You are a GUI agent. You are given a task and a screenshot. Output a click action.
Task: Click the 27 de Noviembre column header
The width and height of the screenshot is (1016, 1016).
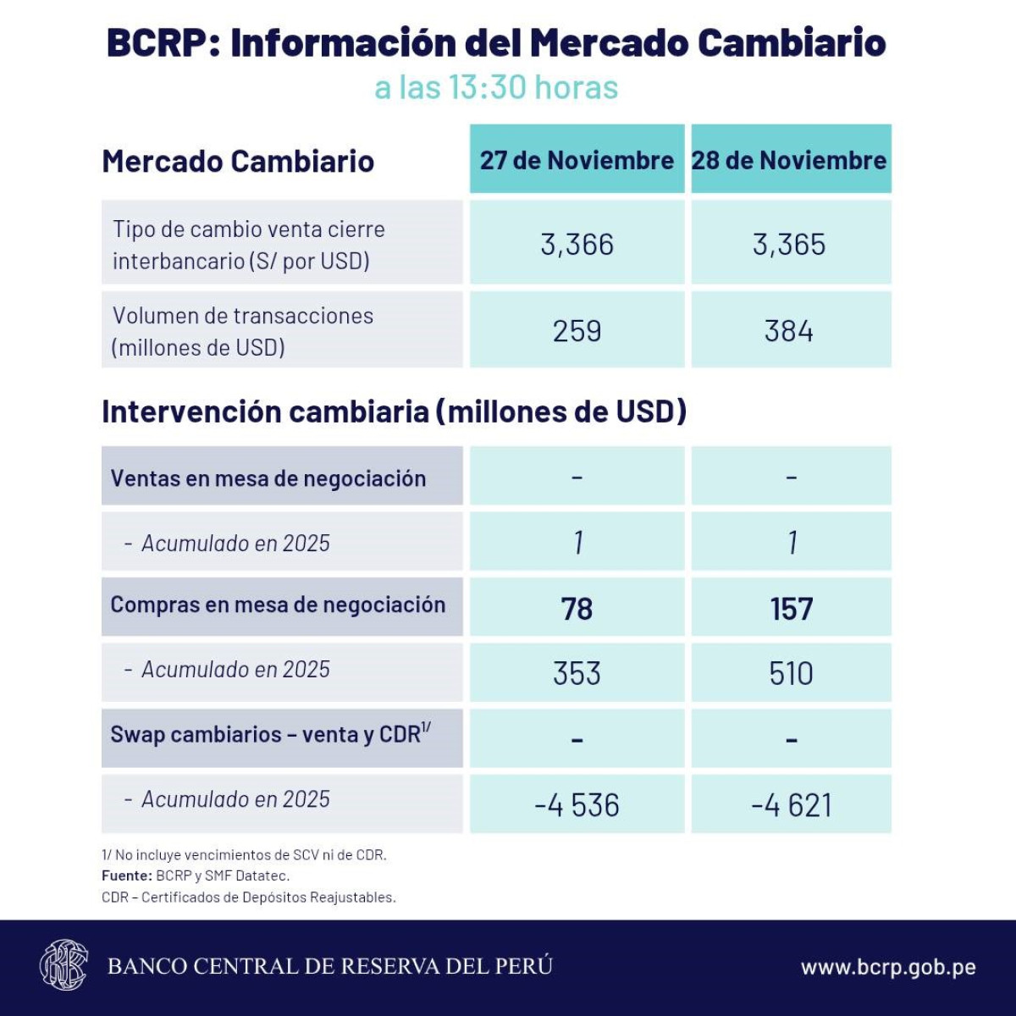[577, 160]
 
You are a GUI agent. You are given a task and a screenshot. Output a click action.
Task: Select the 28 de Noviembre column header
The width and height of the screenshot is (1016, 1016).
[789, 160]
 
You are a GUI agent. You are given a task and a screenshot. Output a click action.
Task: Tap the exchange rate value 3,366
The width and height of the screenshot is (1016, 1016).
[577, 245]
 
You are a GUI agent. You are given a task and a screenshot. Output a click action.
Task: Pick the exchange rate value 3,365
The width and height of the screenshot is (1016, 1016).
[789, 245]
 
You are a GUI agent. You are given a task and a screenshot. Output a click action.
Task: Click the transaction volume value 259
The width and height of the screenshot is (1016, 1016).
[577, 331]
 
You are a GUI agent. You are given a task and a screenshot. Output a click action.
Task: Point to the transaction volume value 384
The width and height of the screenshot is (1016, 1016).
[789, 331]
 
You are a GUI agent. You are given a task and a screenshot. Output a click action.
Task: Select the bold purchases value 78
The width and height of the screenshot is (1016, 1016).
[577, 609]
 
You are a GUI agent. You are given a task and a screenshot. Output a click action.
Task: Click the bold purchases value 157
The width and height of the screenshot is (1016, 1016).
[791, 609]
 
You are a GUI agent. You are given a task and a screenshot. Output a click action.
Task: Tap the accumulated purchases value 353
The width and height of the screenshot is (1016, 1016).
[577, 673]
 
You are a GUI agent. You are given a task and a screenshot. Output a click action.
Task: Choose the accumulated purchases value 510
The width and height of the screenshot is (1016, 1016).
[791, 673]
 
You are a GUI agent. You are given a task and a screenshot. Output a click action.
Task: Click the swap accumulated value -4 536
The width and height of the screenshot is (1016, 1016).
[577, 804]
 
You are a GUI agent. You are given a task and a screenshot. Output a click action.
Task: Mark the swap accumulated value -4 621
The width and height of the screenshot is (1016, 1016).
[791, 804]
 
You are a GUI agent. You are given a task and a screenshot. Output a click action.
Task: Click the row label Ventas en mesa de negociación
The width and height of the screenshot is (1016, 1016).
[268, 478]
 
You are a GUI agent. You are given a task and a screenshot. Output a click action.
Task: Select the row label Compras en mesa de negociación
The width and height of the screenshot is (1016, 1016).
[278, 605]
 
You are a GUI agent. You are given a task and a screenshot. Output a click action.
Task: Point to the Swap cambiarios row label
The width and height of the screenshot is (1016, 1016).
[270, 734]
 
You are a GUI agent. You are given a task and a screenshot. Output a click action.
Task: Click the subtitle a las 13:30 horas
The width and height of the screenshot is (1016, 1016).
[496, 87]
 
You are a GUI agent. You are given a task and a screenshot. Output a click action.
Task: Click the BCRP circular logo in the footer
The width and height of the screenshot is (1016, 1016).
[63, 965]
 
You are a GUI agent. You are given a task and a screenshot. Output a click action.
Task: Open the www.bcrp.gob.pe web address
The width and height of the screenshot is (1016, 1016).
[888, 967]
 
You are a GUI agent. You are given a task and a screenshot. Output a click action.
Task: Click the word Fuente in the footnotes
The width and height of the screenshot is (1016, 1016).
[126, 876]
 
